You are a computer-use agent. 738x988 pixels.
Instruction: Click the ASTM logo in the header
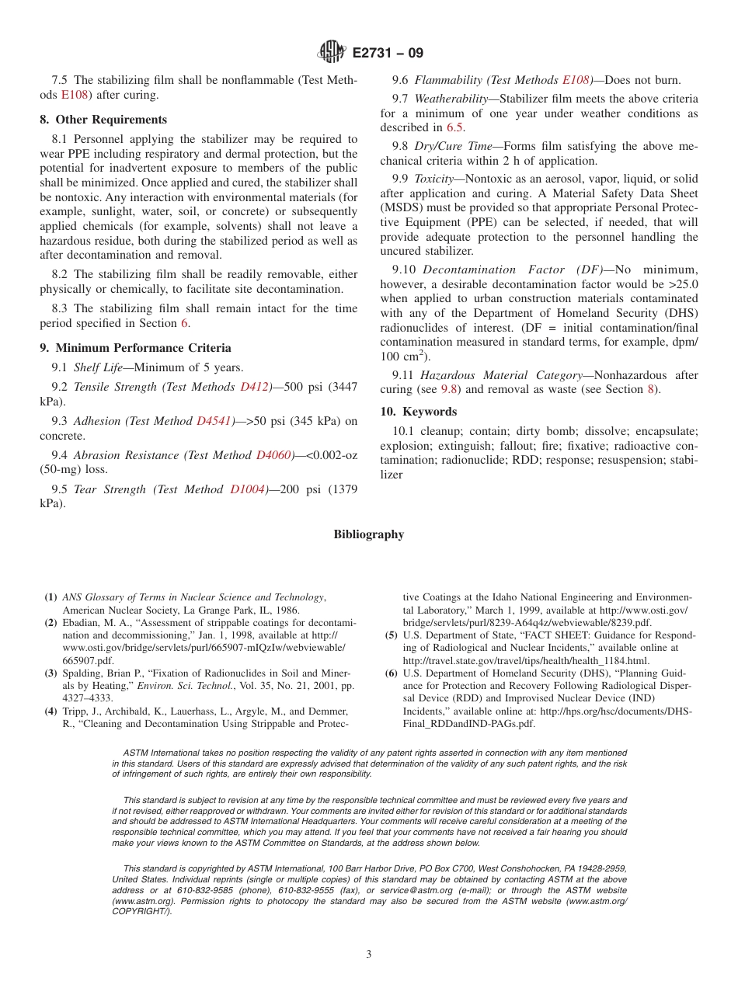[332, 53]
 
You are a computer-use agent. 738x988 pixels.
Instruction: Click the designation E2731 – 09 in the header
[388, 54]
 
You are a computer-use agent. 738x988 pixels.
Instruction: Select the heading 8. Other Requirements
[103, 120]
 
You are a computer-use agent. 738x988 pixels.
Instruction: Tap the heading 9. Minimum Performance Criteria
[135, 348]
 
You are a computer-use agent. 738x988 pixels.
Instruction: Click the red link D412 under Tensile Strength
[256, 387]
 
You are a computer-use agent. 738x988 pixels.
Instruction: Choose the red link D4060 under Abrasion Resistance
[274, 455]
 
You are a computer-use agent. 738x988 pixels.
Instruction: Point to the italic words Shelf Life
[98, 367]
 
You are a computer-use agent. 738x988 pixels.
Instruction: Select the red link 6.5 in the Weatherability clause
[455, 127]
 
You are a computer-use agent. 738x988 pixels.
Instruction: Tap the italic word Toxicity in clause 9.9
[433, 179]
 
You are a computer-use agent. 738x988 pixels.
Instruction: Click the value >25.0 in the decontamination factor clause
[682, 284]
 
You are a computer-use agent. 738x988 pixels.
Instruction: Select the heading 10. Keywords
[418, 412]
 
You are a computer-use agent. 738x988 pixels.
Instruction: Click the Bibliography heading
[369, 534]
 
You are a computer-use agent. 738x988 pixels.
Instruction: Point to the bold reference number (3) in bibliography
[50, 673]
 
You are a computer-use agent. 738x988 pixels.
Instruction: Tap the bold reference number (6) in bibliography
[392, 673]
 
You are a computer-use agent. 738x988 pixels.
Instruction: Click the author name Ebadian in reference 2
[84, 623]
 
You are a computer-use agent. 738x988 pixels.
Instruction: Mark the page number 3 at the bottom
[369, 955]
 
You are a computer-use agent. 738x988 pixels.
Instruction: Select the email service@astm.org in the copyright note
[403, 890]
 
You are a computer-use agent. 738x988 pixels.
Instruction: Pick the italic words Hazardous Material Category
[502, 375]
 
